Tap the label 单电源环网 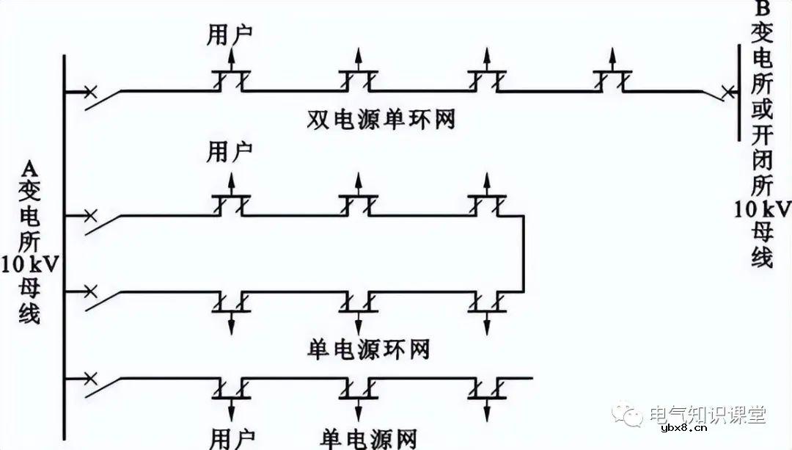coord(367,349)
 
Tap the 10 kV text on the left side coord(30,263)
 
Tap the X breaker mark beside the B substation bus coord(727,92)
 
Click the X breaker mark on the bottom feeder coord(89,378)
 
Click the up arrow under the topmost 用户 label coord(232,59)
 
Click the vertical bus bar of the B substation coord(738,92)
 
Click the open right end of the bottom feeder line coord(529,378)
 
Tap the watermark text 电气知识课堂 coord(708,415)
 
